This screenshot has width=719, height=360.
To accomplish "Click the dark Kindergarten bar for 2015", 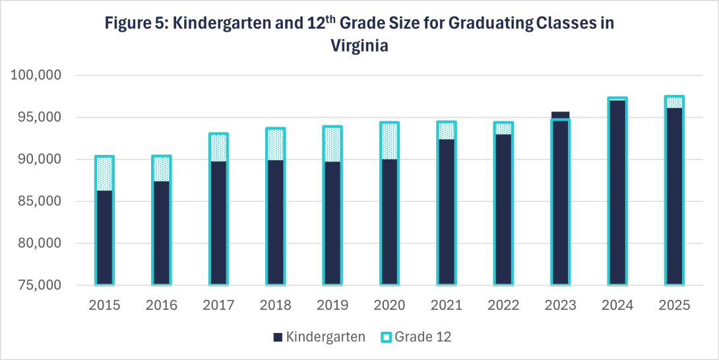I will (104, 237).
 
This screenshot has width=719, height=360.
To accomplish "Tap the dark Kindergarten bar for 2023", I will (560, 201).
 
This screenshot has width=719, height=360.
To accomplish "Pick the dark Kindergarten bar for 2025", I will (673, 196).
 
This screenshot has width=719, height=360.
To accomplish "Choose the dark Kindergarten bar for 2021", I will (446, 212).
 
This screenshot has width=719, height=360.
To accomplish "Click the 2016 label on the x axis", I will (162, 305).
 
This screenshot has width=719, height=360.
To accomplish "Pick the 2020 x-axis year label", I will (389, 305).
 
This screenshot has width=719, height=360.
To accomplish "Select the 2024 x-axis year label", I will (617, 305).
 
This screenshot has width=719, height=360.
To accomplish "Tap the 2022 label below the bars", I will (503, 305).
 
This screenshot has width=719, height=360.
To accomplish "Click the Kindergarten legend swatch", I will (276, 338).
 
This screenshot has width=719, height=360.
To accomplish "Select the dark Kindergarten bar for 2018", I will (275, 222).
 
